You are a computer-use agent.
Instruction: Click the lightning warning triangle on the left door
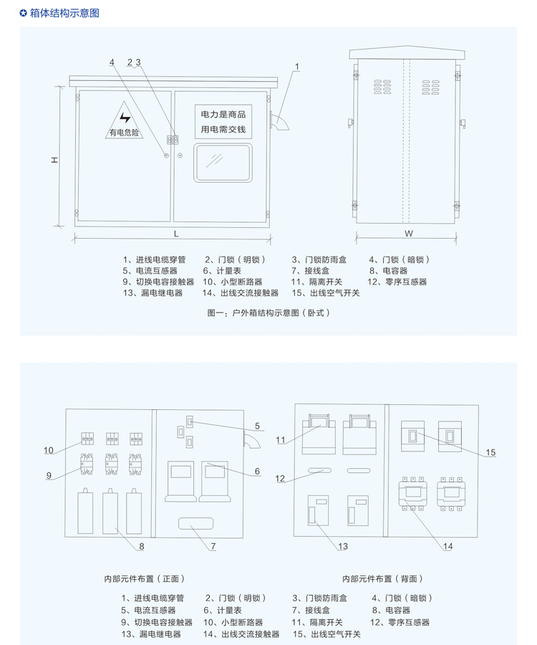125,121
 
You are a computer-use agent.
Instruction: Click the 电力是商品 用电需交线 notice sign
223,122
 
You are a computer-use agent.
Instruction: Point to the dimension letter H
54,161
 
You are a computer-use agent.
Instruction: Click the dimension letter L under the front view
175,234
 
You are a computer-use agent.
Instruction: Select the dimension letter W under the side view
408,234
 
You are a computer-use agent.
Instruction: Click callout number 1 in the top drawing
297,67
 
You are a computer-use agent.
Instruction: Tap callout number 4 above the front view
112,63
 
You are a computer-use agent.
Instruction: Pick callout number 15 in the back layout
491,452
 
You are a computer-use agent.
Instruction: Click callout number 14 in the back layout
447,546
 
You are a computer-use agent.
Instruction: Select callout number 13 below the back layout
343,546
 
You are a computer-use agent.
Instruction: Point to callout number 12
281,479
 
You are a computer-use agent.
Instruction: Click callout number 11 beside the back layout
281,440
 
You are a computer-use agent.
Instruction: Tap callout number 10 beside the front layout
49,451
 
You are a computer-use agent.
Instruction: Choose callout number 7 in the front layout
213,547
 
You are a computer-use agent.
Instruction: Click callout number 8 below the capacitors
142,546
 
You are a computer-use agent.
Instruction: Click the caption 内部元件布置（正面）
145,578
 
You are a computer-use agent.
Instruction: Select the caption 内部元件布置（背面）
383,578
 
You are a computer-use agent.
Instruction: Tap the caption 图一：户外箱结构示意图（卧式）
268,312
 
